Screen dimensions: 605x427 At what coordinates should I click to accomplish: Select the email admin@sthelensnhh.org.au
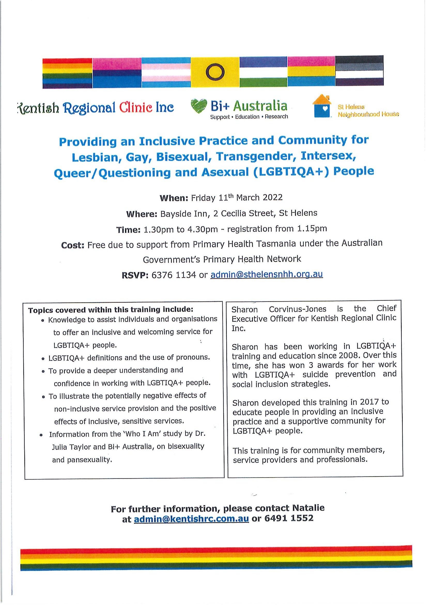coord(267,274)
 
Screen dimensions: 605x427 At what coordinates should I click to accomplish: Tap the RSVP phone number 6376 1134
coord(174,275)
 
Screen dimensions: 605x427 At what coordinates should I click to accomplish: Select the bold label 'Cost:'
coord(72,245)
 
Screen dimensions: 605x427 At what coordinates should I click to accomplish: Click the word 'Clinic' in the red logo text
coord(136,108)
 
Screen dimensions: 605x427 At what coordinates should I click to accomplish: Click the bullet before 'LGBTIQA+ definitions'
coord(43,359)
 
